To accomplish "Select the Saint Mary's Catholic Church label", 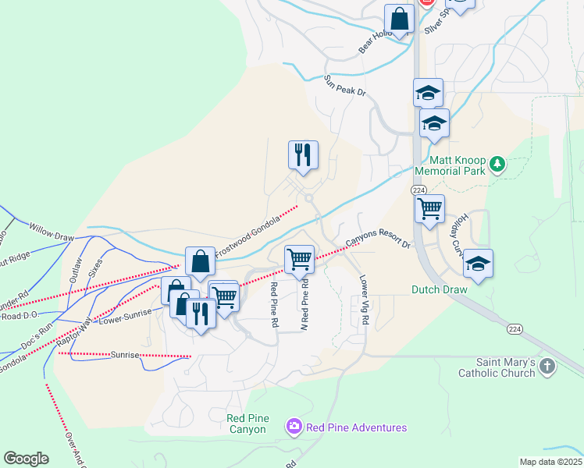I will (506, 367).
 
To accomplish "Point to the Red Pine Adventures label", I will (356, 427).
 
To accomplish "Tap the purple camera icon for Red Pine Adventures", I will (294, 427).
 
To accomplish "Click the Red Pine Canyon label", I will (248, 424).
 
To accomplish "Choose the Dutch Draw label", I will (439, 289).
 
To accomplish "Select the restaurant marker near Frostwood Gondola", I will (302, 154).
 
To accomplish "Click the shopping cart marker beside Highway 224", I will (429, 208).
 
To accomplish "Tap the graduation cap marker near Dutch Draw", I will (479, 264).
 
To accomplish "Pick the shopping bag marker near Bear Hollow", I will (400, 19).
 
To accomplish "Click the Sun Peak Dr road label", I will (346, 85).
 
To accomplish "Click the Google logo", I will (26, 459).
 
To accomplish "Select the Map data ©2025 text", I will (550, 462).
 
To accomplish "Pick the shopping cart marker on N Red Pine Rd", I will (300, 259).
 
